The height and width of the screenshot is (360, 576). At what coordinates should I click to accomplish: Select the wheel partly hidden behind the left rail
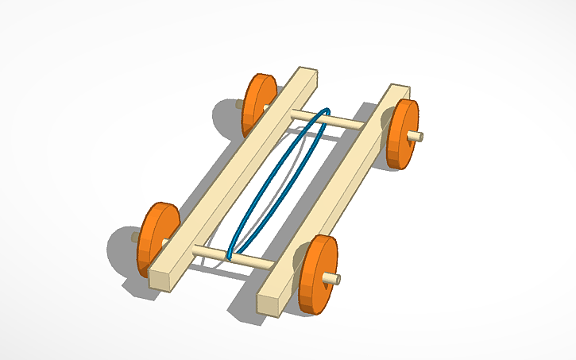point(256,103)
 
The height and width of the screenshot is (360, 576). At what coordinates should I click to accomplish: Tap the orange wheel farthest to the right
point(400,134)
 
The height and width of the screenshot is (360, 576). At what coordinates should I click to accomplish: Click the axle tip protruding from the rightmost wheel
point(416,137)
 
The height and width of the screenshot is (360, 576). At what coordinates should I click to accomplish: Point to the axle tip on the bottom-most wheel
point(331,278)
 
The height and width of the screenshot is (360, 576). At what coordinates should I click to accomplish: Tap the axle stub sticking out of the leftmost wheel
point(136,237)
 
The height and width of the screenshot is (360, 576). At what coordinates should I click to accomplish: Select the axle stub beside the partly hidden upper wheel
point(239,103)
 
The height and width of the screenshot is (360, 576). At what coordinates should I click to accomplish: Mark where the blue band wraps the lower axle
point(230,255)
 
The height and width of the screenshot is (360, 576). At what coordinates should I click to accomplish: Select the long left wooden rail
point(230,175)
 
